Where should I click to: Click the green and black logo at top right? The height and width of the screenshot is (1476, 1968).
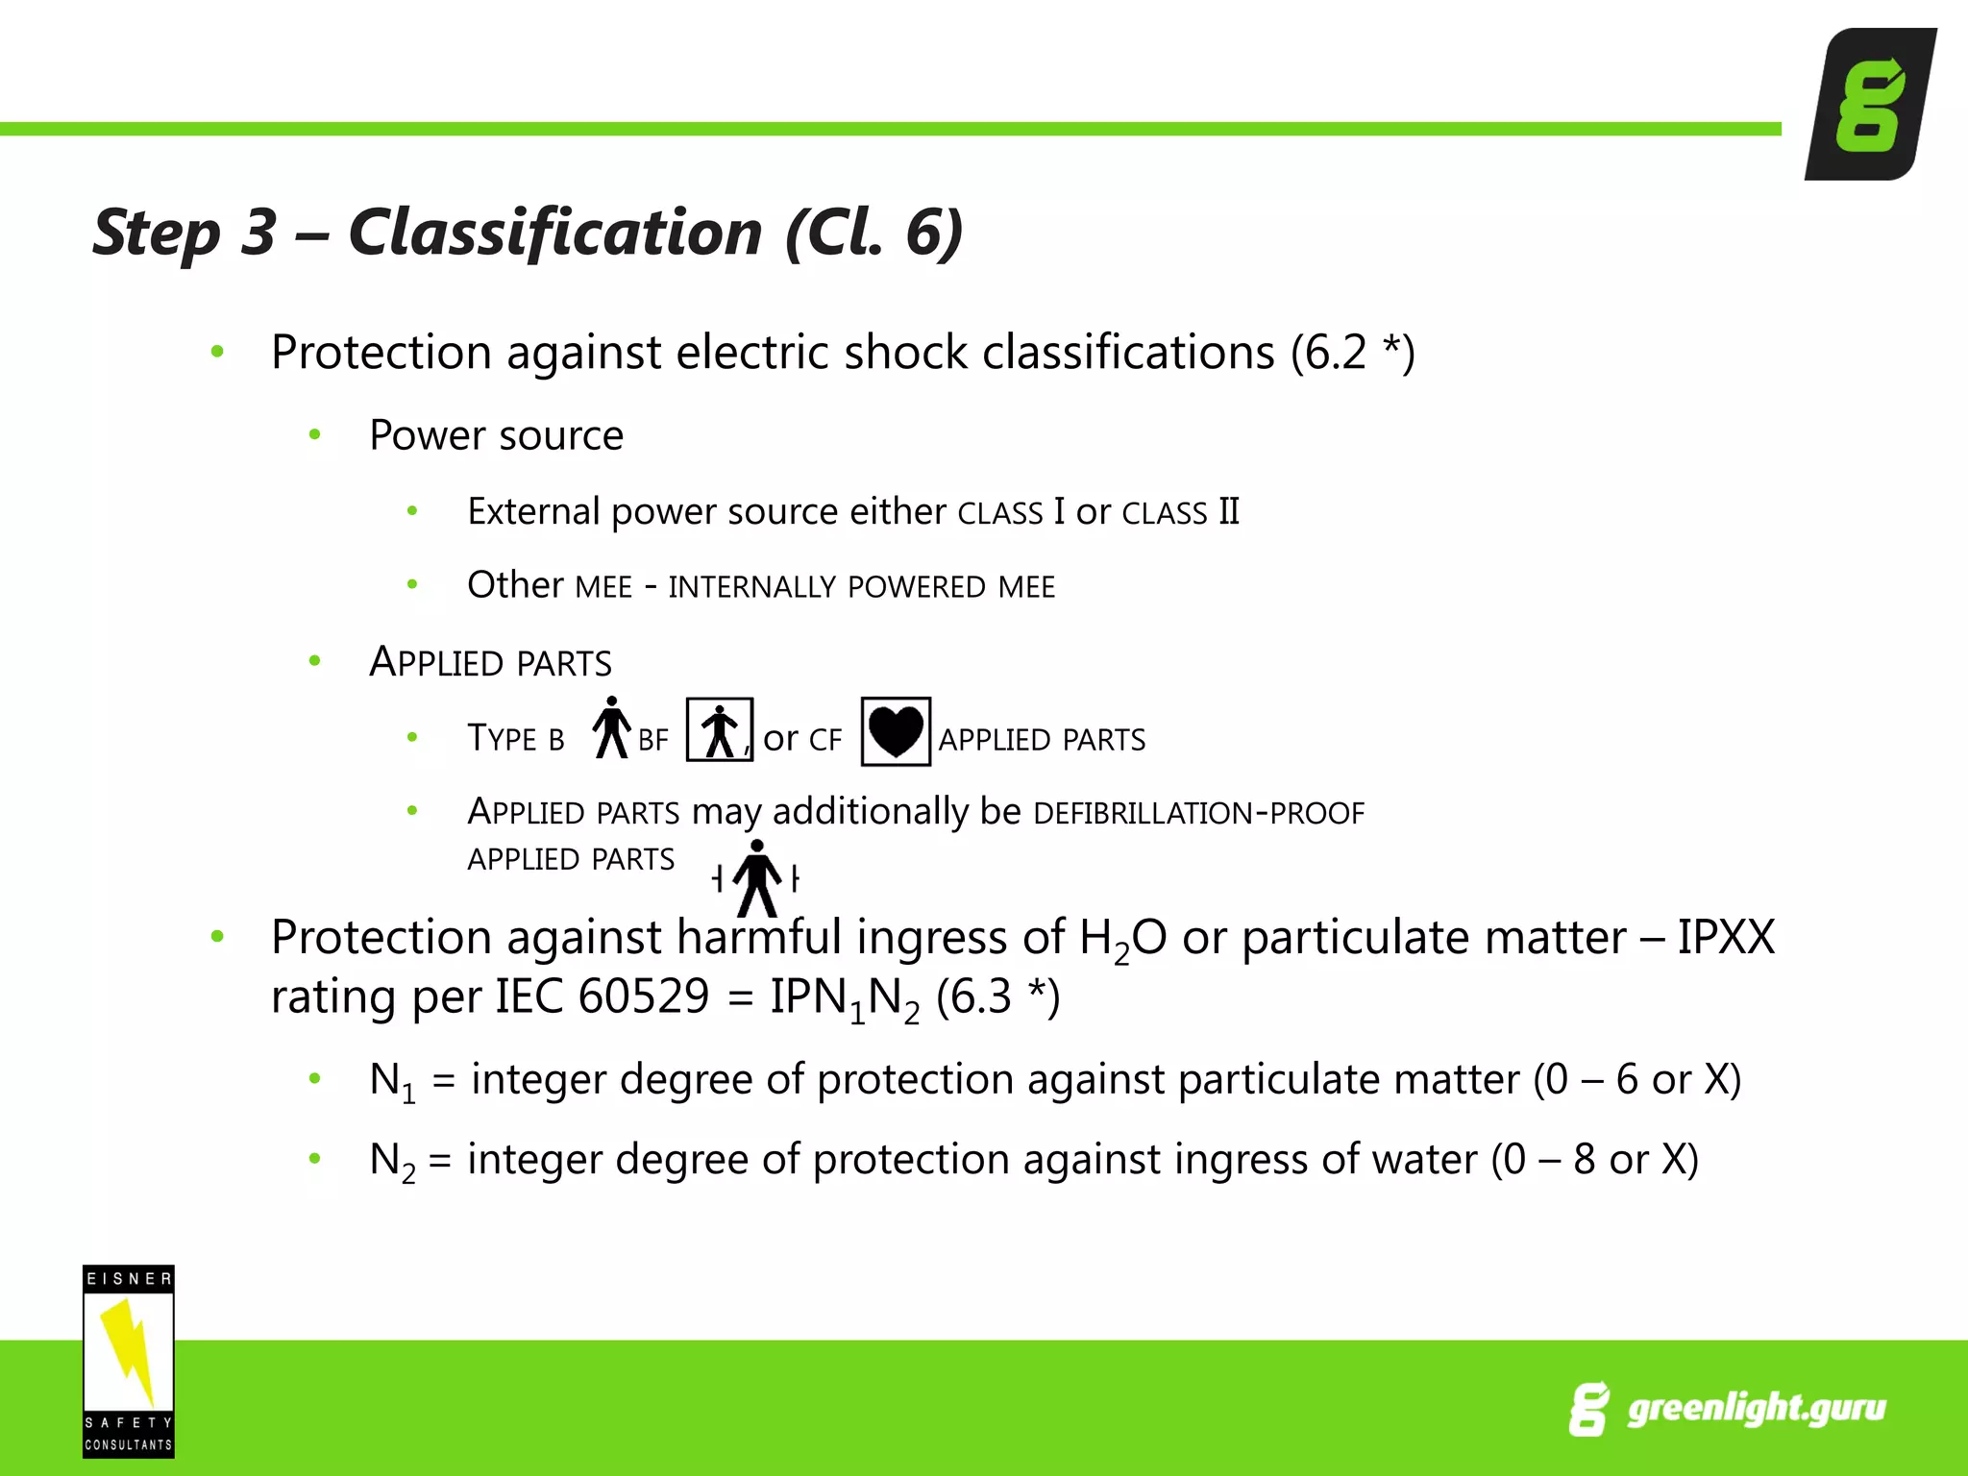(1870, 104)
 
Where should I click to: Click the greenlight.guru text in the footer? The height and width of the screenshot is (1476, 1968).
(1756, 1408)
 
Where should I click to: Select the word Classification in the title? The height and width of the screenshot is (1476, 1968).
(555, 233)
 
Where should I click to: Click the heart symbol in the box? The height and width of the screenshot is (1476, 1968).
(896, 732)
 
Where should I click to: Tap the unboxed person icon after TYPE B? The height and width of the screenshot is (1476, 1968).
(611, 728)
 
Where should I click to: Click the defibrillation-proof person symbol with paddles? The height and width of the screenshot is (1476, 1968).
(757, 877)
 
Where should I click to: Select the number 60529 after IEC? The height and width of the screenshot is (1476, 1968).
(644, 996)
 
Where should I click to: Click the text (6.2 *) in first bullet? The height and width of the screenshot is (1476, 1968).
(1352, 353)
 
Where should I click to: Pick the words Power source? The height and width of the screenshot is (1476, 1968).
(496, 435)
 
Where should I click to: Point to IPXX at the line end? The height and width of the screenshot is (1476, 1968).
(1726, 937)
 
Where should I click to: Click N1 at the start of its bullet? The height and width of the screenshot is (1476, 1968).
(392, 1081)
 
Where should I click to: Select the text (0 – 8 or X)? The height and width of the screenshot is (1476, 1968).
(1594, 1160)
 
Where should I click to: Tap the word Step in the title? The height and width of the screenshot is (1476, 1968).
(157, 233)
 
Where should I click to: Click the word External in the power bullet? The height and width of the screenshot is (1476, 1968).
(533, 511)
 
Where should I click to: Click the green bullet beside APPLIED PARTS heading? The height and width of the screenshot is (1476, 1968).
(314, 661)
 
